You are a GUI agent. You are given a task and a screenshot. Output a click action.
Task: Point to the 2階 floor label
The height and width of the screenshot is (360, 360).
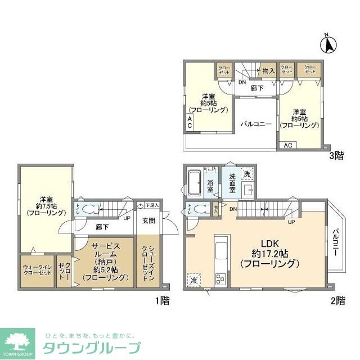[x=337, y=300]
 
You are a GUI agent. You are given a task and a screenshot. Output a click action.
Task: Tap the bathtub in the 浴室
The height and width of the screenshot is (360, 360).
[x=195, y=182]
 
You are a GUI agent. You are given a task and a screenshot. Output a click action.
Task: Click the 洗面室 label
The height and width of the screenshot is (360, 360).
[x=233, y=183]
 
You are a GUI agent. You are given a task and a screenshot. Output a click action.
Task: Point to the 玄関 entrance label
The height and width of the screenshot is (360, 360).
[x=148, y=220]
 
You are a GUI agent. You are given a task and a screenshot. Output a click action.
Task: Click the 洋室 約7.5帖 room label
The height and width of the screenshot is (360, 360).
[x=46, y=206]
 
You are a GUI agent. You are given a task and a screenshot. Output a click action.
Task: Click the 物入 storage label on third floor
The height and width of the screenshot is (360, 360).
[x=268, y=70]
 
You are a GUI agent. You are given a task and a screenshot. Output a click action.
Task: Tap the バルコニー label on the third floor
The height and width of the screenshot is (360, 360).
[x=256, y=123]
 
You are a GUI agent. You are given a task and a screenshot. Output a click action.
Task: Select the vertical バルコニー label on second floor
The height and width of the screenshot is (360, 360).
[x=335, y=242]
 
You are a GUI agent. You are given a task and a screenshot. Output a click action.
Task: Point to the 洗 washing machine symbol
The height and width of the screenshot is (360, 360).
[x=247, y=174]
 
